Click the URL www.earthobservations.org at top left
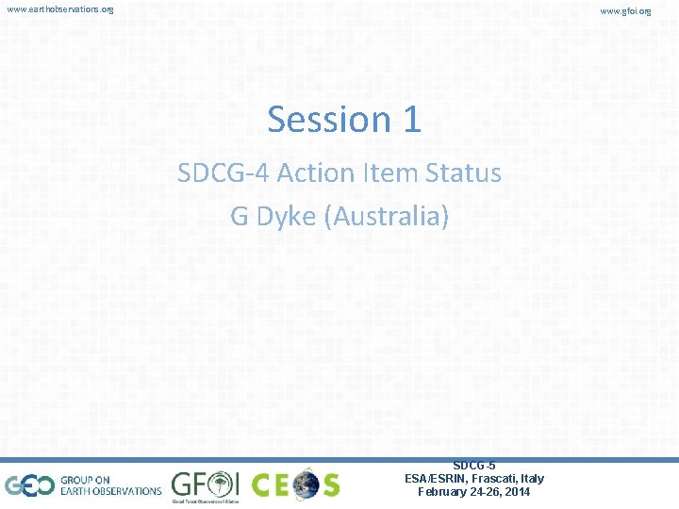[59, 9]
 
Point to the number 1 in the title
[411, 120]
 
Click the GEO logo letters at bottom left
[27, 485]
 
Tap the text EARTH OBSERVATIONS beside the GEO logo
[111, 491]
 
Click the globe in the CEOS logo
[306, 485]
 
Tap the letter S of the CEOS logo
[329, 485]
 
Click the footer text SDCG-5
[474, 466]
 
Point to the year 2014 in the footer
[517, 492]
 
